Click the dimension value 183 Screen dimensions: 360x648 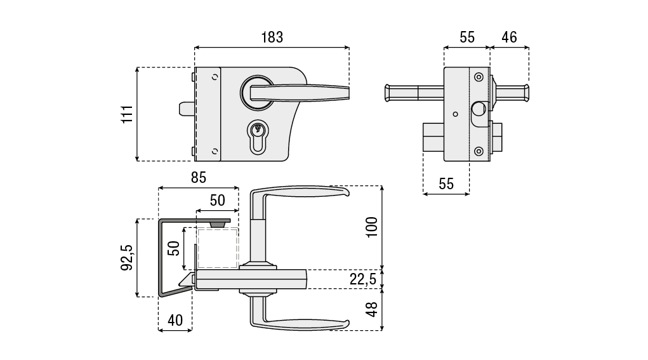click(272, 37)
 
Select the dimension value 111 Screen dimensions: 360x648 click(126, 114)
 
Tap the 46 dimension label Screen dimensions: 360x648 click(509, 37)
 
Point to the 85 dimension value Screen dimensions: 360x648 click(198, 178)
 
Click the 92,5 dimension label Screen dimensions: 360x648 click(126, 257)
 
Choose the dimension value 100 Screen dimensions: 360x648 click(372, 227)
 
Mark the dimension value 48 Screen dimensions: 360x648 click(372, 309)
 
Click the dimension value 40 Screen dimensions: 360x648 click(175, 320)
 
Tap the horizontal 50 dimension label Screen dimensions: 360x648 click(217, 201)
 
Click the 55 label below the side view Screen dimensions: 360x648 click(446, 183)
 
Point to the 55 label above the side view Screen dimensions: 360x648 click(466, 37)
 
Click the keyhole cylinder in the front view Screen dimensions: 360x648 click(257, 137)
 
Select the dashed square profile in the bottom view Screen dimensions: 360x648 click(218, 248)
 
